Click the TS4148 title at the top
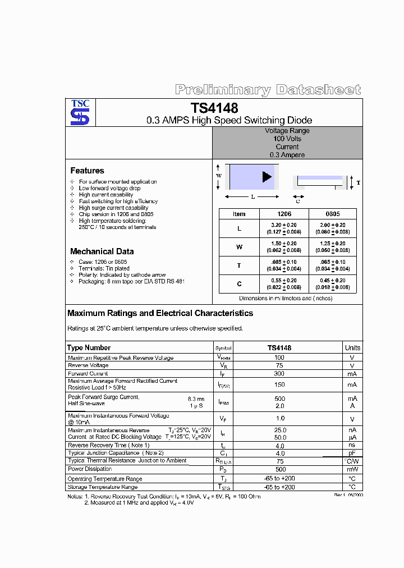(x=214, y=108)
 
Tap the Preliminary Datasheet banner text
(x=268, y=90)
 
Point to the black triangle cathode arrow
(x=267, y=177)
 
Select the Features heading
(x=87, y=171)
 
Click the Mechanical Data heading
(x=102, y=251)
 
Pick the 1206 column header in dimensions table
(x=284, y=214)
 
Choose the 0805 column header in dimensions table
(x=332, y=214)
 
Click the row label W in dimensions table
(x=239, y=247)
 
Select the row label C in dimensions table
(x=239, y=284)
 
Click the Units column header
(x=352, y=347)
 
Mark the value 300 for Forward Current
(x=279, y=373)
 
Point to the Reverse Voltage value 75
(x=279, y=365)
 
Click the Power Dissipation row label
(x=90, y=469)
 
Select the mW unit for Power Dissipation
(x=352, y=469)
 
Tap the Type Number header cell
(x=89, y=347)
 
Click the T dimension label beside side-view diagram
(x=359, y=183)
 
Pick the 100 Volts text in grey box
(x=287, y=139)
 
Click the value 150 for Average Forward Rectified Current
(x=279, y=384)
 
